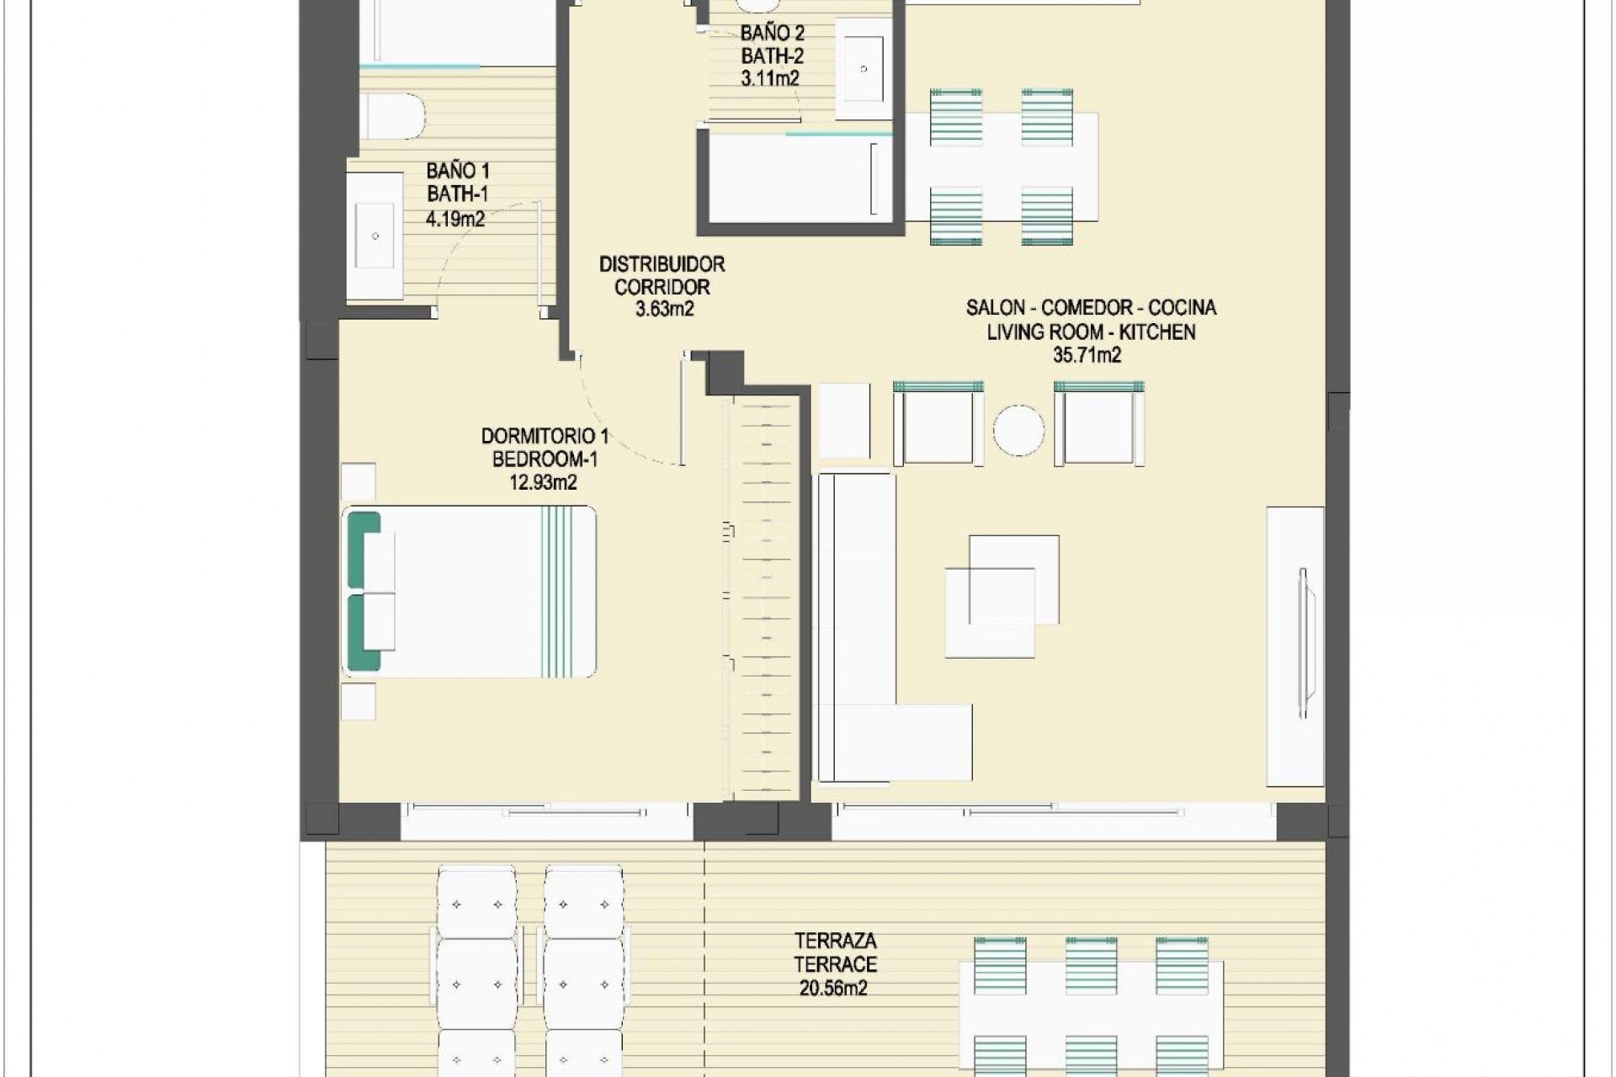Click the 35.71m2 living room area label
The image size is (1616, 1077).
pyautogui.click(x=1087, y=355)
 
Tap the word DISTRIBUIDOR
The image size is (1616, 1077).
pyautogui.click(x=662, y=264)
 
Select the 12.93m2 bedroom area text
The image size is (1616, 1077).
pyautogui.click(x=543, y=482)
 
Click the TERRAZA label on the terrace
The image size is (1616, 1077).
pyautogui.click(x=835, y=941)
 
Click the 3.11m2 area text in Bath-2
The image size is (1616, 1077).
pyautogui.click(x=770, y=79)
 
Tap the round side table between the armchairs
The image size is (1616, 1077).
pyautogui.click(x=1018, y=430)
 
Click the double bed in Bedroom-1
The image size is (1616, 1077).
pyautogui.click(x=471, y=592)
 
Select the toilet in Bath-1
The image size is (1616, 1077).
pyautogui.click(x=392, y=116)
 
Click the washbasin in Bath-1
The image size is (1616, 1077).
pyautogui.click(x=375, y=236)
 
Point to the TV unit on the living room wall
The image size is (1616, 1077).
pyautogui.click(x=1295, y=646)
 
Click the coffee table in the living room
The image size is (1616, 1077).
pyautogui.click(x=1002, y=596)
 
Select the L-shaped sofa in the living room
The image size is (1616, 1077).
pyautogui.click(x=858, y=639)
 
